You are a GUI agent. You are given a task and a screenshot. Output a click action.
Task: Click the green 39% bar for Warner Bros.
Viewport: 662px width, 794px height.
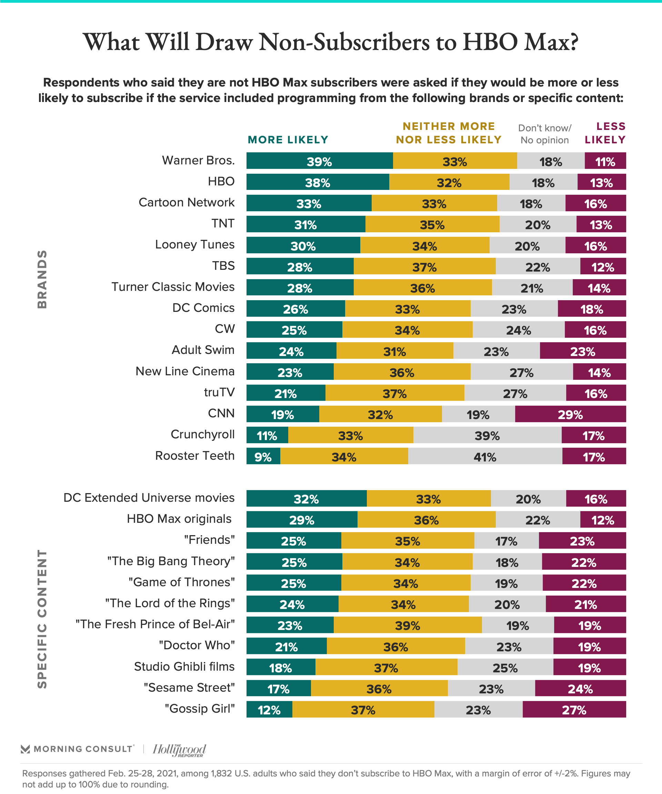tap(319, 161)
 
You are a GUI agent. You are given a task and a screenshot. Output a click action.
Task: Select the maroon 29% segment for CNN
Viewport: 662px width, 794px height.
tap(570, 414)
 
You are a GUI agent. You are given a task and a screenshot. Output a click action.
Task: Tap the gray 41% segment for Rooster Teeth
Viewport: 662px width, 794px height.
tap(485, 456)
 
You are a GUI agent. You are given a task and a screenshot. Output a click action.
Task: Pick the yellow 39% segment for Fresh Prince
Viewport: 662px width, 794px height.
tap(408, 625)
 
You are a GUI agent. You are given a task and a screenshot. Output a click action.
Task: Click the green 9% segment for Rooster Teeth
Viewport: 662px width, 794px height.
tap(263, 456)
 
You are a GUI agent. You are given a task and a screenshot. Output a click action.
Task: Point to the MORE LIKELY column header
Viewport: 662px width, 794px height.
tap(288, 140)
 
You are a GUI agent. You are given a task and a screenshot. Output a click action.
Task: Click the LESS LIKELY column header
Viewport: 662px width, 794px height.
tap(605, 133)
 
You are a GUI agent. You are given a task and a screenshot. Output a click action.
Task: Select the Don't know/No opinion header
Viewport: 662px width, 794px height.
tap(545, 134)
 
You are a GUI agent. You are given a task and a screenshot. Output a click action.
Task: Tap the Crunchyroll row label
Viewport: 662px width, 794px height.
tap(202, 435)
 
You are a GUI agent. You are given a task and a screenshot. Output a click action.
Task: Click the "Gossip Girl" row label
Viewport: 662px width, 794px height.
tap(200, 708)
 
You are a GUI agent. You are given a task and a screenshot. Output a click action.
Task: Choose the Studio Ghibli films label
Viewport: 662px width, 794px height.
tap(184, 666)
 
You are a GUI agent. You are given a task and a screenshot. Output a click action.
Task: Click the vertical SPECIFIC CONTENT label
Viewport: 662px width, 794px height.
tap(42, 619)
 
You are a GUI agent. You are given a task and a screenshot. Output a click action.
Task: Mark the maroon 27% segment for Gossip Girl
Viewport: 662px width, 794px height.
tap(574, 709)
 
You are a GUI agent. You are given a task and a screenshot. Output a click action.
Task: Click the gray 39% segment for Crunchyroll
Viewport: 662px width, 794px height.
tap(487, 435)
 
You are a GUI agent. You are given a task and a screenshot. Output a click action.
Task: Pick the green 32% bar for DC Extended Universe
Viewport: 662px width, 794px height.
tap(307, 498)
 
